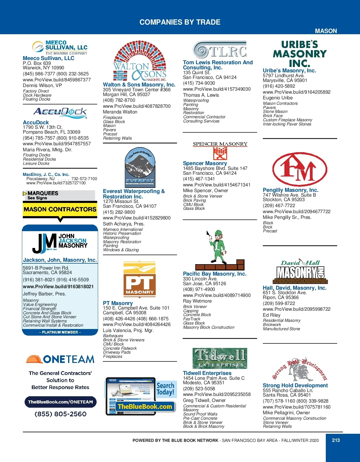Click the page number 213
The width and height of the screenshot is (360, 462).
click(x=336, y=440)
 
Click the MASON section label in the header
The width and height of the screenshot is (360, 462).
click(x=326, y=31)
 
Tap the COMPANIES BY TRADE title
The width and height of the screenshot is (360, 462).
click(x=180, y=22)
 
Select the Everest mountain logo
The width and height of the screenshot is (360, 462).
click(x=140, y=167)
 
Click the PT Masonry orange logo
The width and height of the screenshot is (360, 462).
click(x=139, y=279)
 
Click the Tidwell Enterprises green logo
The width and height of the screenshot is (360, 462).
click(x=220, y=358)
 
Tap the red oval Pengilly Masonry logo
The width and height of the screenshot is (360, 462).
click(x=299, y=169)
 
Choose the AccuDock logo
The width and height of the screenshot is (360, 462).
click(x=60, y=112)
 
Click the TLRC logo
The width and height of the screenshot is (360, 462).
click(x=220, y=50)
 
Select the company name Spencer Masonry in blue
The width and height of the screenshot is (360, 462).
click(x=205, y=163)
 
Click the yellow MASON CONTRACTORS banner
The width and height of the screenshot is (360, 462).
click(x=60, y=209)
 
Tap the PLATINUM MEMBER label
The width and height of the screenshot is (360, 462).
click(x=60, y=332)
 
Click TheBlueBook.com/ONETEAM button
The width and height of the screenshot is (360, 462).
click(x=60, y=402)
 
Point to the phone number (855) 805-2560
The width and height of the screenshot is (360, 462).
click(x=60, y=414)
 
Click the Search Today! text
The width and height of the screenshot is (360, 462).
click(x=165, y=389)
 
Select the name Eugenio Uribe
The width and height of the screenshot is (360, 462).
click(x=277, y=98)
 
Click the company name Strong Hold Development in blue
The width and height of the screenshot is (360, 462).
click(x=295, y=385)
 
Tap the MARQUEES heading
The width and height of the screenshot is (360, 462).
click(x=43, y=193)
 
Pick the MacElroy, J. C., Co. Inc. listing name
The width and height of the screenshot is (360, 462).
click(x=46, y=174)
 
